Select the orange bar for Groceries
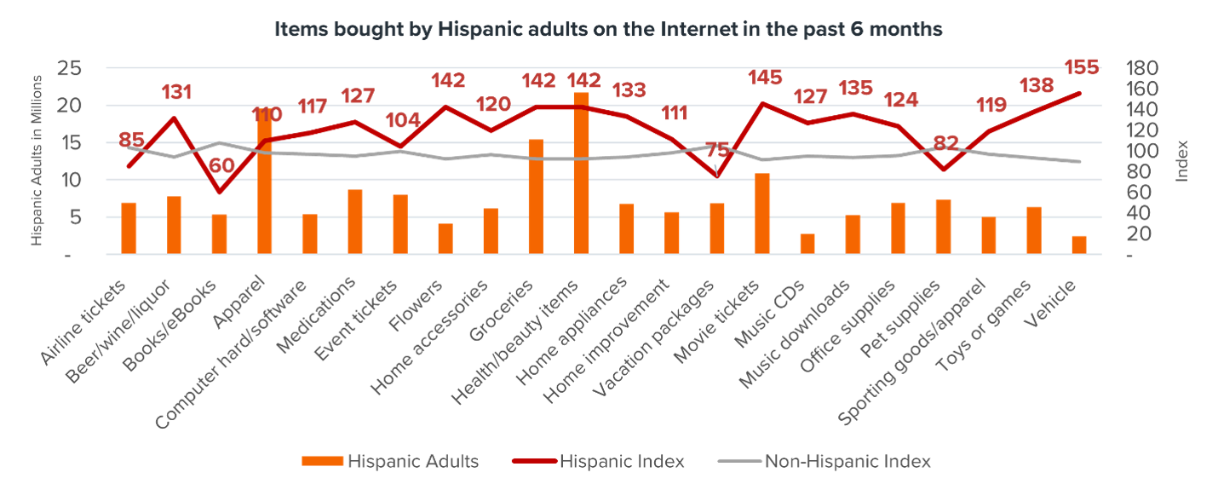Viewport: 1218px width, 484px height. pyautogui.click(x=536, y=197)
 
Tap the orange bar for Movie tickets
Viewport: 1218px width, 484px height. pyautogui.click(x=762, y=214)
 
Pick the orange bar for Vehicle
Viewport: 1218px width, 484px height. pyautogui.click(x=1079, y=245)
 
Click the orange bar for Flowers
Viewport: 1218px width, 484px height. pyautogui.click(x=445, y=239)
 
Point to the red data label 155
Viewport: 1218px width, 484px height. pyautogui.click(x=1081, y=66)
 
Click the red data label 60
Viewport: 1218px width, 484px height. pyautogui.click(x=224, y=164)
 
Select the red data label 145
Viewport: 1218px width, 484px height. pyautogui.click(x=763, y=78)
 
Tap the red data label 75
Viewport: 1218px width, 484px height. pyautogui.click(x=717, y=152)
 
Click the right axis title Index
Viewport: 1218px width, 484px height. pyautogui.click(x=1182, y=160)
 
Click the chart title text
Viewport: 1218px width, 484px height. pyautogui.click(x=608, y=29)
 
